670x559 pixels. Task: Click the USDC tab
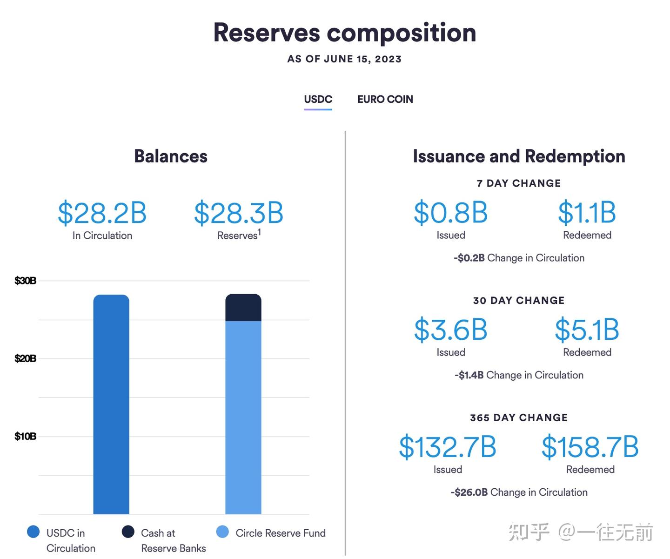(318, 99)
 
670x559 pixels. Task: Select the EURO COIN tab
(385, 99)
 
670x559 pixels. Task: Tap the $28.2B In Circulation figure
(102, 213)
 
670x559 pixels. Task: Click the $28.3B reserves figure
(238, 213)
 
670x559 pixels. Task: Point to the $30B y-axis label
(25, 281)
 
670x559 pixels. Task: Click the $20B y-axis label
(25, 358)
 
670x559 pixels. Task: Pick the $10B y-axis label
(25, 436)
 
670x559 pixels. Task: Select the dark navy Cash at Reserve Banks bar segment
(243, 308)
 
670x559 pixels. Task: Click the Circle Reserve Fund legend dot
(223, 532)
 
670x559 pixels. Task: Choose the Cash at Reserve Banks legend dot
(128, 532)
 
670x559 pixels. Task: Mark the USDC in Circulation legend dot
(33, 532)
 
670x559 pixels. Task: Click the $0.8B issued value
(450, 213)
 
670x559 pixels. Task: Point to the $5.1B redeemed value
(587, 330)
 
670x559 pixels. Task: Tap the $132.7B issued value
(448, 447)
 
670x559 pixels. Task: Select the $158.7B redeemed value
(590, 447)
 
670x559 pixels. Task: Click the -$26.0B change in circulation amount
(469, 492)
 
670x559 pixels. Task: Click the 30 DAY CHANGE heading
(519, 301)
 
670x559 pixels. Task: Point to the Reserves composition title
(344, 33)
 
